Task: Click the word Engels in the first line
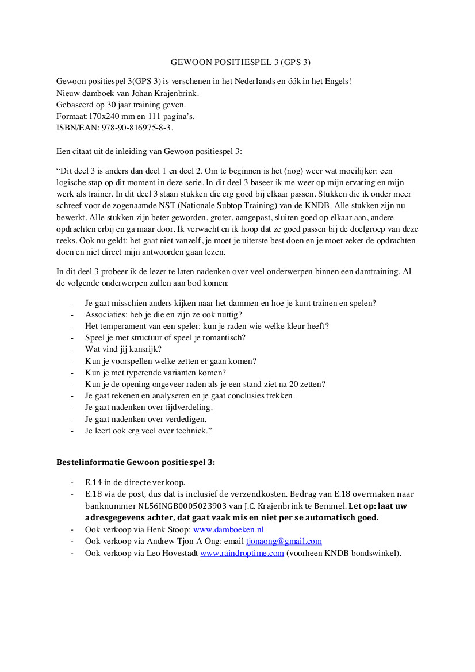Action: pyautogui.click(x=335, y=82)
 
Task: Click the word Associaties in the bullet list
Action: pyautogui.click(x=104, y=314)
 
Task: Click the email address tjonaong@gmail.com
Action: pyautogui.click(x=284, y=542)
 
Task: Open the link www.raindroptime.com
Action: pyautogui.click(x=242, y=554)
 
